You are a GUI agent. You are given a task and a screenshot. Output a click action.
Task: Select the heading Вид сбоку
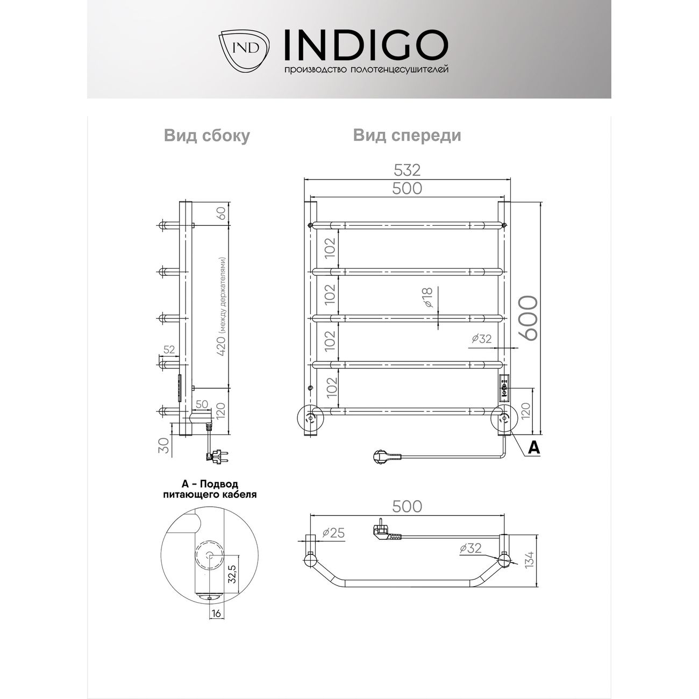[x=206, y=136]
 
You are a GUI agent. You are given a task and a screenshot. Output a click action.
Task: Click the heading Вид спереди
[x=407, y=135]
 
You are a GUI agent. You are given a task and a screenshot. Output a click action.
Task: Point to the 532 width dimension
[x=407, y=170]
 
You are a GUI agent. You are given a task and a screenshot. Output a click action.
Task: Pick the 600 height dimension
[x=529, y=317]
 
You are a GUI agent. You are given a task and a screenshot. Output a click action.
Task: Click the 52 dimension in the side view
[x=169, y=349]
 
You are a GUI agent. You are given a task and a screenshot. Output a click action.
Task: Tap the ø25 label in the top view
[x=333, y=533]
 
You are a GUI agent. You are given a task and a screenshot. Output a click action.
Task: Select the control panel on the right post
[x=504, y=388]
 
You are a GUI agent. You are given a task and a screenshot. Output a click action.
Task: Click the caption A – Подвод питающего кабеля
[x=209, y=489]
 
